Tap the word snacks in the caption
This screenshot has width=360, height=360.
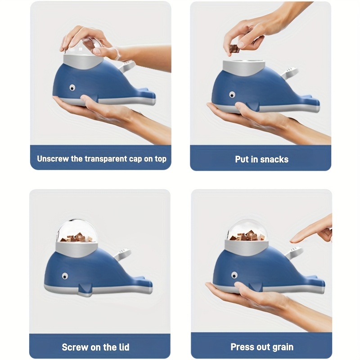tap(274, 159)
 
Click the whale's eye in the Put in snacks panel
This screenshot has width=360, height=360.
tap(232, 94)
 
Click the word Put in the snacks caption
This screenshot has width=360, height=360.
tap(242, 159)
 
